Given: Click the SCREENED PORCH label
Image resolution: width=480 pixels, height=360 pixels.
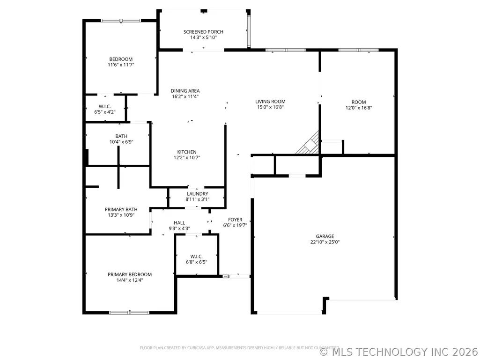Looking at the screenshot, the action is tap(203, 32).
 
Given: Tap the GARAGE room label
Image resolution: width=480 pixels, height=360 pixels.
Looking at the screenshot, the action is tap(325, 236).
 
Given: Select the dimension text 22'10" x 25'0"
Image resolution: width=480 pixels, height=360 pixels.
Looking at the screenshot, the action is tap(325, 242).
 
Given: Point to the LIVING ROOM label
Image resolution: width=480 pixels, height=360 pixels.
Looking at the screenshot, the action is tap(270, 102).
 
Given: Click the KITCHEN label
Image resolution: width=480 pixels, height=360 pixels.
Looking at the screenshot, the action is tap(187, 152).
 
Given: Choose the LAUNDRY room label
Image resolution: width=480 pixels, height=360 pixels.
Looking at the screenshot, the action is tap(198, 194).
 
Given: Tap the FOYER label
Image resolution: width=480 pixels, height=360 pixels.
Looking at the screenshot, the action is tap(235, 220).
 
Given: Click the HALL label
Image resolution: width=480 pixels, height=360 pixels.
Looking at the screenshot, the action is tap(179, 223).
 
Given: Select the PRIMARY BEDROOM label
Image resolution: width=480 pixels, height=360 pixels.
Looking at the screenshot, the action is tap(130, 275).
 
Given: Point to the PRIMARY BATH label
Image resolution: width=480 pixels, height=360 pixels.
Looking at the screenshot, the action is tap(121, 209).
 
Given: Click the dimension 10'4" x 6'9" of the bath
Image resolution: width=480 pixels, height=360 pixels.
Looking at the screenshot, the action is tap(121, 142).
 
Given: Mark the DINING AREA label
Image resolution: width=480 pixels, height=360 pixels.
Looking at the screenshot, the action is tap(185, 91).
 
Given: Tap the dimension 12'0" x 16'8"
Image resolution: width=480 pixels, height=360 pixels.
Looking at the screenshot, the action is tap(359, 108).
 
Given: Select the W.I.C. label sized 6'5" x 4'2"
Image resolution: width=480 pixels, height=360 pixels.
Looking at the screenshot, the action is tap(105, 107).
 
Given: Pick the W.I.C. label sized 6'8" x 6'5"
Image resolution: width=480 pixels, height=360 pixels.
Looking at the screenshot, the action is tap(197, 257).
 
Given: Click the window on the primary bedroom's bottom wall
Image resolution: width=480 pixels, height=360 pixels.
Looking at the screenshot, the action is tap(129, 313).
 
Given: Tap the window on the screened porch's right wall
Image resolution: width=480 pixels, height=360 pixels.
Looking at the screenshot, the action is tap(249, 31).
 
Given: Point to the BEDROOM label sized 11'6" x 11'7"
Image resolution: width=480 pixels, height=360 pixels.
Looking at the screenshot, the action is tap(121, 59).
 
